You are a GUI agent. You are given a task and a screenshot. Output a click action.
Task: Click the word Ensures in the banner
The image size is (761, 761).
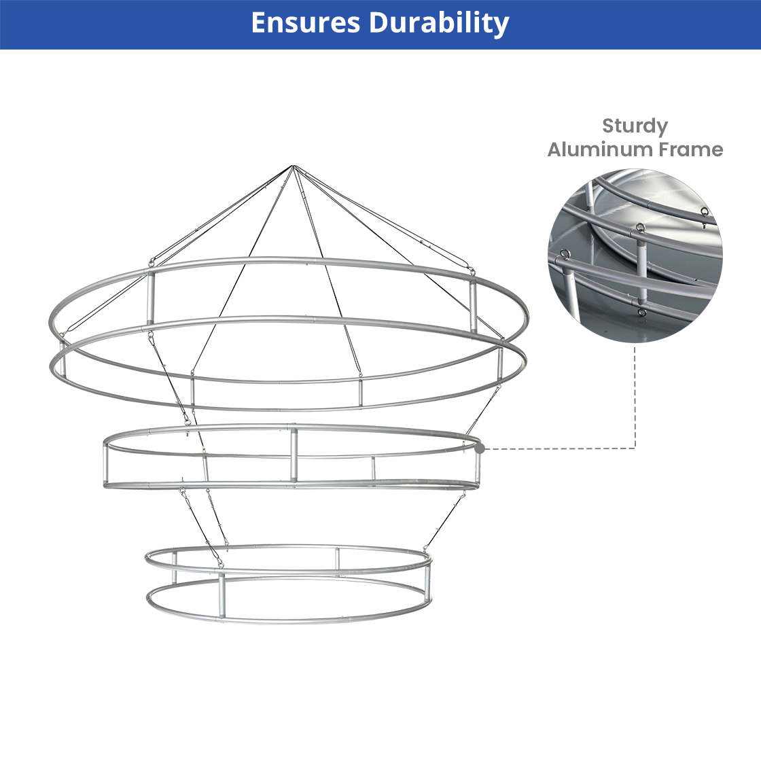(306, 22)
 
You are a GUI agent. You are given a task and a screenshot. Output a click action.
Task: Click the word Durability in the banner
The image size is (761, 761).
(439, 23)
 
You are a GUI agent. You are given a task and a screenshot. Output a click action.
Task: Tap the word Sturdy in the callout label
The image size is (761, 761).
(635, 126)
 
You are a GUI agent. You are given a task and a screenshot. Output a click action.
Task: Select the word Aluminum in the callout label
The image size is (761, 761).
(599, 149)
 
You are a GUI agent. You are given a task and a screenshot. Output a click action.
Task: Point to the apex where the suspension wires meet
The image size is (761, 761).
(293, 166)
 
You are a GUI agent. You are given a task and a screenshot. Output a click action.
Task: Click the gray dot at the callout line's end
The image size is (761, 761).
(480, 449)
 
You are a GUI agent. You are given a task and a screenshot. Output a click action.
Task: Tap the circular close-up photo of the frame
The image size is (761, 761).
(635, 255)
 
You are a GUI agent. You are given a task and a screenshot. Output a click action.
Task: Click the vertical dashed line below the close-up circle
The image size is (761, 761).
(635, 397)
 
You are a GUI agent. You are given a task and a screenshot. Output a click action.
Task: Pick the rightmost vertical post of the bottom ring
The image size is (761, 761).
(427, 582)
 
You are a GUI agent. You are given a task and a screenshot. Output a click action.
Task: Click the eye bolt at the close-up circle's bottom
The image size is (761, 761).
(641, 312)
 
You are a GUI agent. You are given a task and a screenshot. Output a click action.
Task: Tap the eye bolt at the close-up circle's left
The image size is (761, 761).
(565, 254)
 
